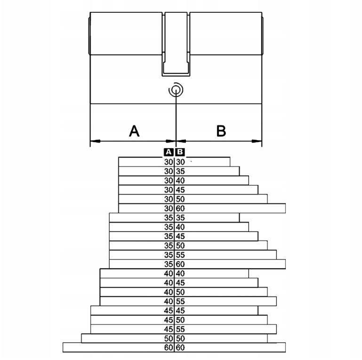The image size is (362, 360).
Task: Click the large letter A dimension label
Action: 134,131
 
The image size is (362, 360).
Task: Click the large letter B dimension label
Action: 221,131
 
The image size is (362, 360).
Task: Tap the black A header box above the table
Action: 169,152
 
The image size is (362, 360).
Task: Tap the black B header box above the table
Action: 180,152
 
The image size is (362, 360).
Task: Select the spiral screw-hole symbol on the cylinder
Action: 176,89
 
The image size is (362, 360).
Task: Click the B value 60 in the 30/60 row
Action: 180,208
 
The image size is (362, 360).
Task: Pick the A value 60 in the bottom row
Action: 169,348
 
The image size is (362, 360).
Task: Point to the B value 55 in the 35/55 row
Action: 180,255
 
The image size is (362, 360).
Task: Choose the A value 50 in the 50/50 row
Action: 169,338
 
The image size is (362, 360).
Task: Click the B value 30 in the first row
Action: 180,162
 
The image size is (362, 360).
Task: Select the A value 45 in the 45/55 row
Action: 169,329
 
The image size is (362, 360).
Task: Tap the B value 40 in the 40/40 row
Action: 180,273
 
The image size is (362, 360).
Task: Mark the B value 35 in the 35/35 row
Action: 180,217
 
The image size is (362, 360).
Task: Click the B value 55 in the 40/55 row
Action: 180,301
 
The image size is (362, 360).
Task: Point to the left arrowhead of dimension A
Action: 95,141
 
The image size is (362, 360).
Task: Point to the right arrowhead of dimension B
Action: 257,141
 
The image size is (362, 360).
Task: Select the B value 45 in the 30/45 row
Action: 180,190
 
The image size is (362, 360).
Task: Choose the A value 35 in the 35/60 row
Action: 169,264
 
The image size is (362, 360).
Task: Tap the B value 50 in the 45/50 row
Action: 180,320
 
